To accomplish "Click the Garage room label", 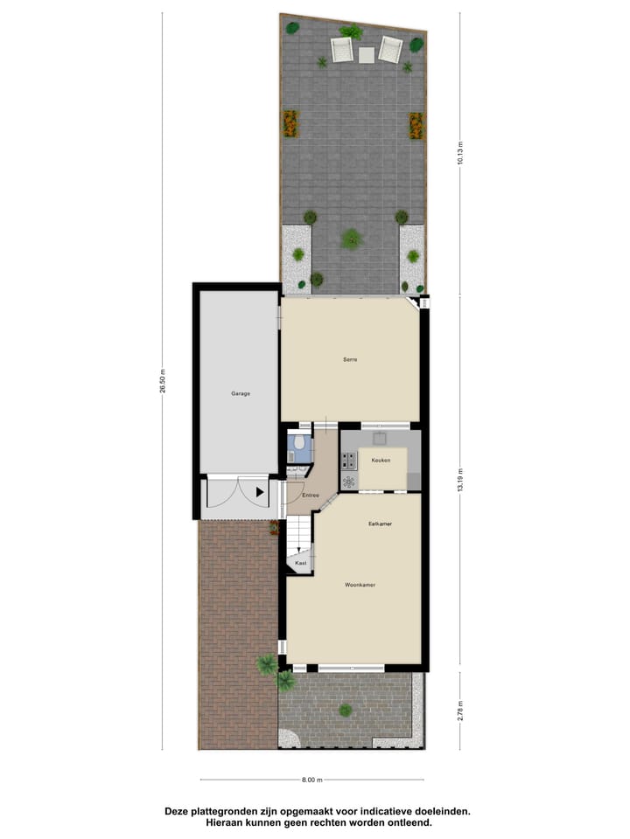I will coord(241,393).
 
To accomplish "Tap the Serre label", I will coord(351,359).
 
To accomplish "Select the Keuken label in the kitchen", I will coord(381,460).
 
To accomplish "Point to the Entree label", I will coord(310,496).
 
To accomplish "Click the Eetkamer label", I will coord(379,524).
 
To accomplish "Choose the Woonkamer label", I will coord(359,585).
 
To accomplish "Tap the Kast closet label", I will coord(300,564).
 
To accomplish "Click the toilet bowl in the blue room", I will coord(299,445).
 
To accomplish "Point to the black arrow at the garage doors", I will coord(259,493).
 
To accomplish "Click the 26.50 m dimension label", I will coord(163,382).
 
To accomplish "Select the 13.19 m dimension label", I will coord(460,481).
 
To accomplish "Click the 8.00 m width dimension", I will coord(312,780).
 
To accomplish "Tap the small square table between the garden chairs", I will coord(366,54).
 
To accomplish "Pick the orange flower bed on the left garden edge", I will coord(290,123).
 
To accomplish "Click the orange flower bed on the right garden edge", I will coord(416,125).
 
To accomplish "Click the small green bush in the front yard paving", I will coord(346,710).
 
